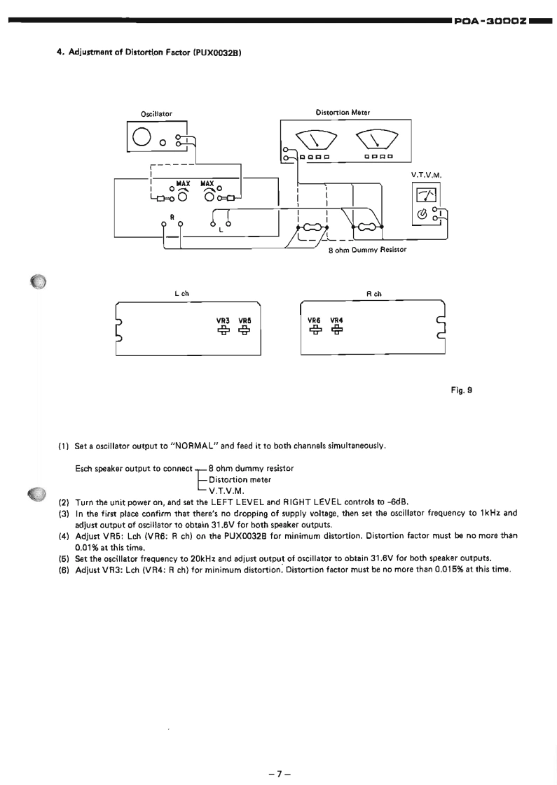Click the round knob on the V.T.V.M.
pos(422,214)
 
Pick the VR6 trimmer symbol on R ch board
pos(315,328)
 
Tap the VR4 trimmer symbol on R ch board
pos(336,328)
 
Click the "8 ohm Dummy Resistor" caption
pos(368,248)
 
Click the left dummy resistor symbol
pos(312,227)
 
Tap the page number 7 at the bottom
pos(278,754)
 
